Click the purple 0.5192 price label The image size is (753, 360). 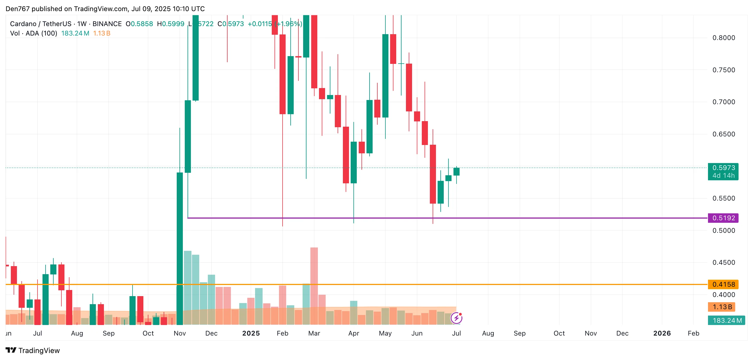723,218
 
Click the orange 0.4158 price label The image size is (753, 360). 723,284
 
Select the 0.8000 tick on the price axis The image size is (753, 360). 724,38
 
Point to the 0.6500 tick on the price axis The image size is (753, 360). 724,134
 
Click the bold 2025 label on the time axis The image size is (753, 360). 251,333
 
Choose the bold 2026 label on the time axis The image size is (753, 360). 662,333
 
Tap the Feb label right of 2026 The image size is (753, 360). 693,333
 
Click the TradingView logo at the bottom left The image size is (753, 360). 33,350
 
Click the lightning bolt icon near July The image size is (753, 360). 456,318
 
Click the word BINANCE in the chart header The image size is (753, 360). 107,24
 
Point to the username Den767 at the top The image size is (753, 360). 18,9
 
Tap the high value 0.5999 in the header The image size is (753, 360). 173,24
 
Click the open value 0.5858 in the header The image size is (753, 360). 142,24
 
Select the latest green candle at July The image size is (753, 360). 456,171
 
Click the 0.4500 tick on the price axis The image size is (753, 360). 724,262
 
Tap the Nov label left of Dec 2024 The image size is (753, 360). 179,333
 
